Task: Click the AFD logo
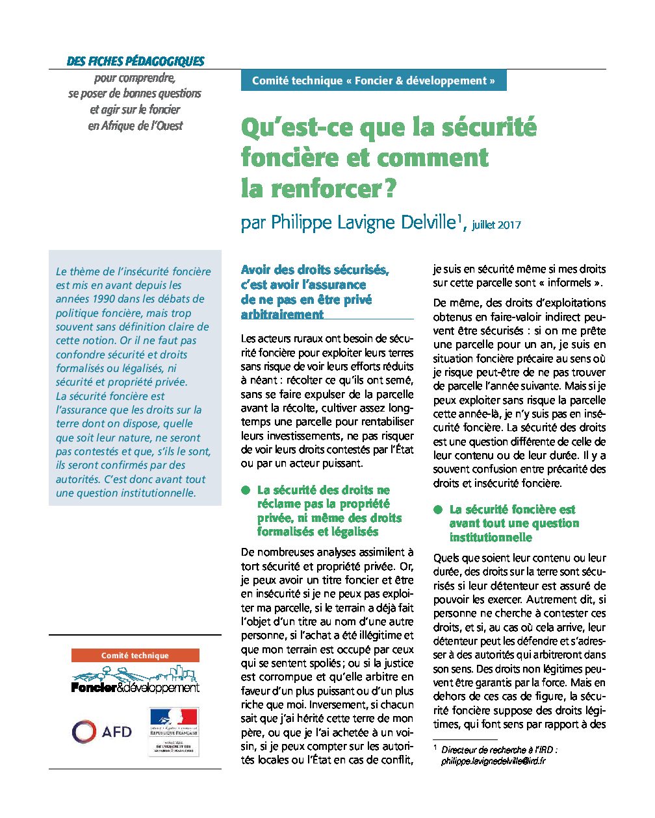tap(101, 732)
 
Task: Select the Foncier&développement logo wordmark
tap(135, 687)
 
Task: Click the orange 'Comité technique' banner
tap(135, 656)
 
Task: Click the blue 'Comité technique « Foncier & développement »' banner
tap(373, 81)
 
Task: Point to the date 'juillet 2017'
tap(496, 225)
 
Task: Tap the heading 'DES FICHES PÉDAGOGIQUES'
tap(135, 62)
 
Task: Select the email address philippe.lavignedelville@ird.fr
tap(493, 761)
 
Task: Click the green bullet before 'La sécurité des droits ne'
tap(246, 490)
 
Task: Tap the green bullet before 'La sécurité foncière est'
tap(438, 510)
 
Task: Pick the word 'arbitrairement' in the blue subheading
tap(282, 314)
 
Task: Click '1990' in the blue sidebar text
tap(105, 299)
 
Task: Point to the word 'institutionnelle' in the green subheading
tap(491, 538)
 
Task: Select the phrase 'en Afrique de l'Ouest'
tap(135, 126)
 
